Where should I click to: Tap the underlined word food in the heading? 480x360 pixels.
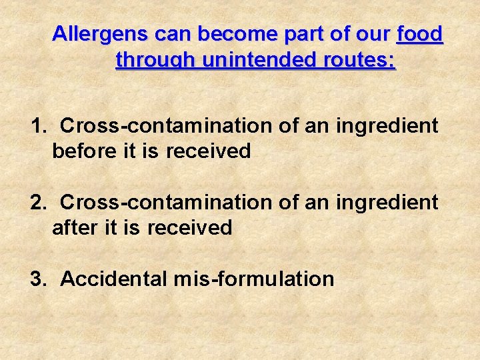click(x=420, y=33)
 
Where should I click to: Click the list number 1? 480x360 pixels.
click(x=38, y=125)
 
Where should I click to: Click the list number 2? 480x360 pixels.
click(x=38, y=201)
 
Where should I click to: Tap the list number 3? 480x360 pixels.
click(x=38, y=278)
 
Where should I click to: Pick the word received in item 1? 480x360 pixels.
click(x=208, y=151)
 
